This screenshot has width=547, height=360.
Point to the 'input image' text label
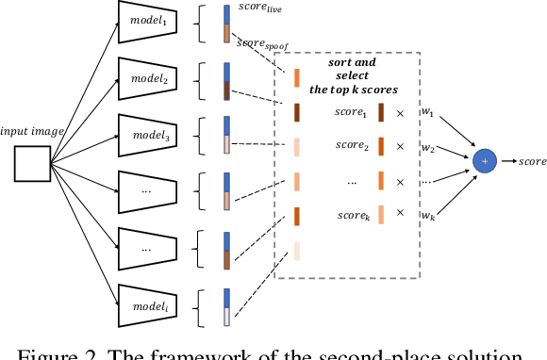tap(32, 132)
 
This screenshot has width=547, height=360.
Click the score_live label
tap(260, 10)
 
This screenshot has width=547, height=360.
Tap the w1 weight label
tap(428, 113)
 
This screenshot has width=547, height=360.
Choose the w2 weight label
tap(428, 148)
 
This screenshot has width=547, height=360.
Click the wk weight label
tap(428, 216)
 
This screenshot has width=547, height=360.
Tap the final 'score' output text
tap(532, 161)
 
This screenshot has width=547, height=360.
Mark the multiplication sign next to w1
tap(399, 113)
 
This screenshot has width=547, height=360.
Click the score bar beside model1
tap(226, 25)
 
